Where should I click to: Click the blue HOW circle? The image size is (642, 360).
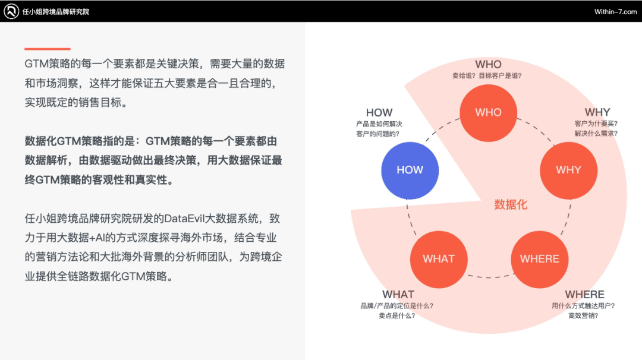(410, 170)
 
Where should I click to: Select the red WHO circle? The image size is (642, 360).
(488, 112)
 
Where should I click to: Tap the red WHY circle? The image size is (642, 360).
(568, 170)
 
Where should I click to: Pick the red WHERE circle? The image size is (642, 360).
(539, 259)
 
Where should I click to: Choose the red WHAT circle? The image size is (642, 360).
(438, 259)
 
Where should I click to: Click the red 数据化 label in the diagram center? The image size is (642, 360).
(511, 205)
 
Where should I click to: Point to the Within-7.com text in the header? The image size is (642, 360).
(615, 12)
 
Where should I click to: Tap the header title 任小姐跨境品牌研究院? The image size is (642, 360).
(56, 12)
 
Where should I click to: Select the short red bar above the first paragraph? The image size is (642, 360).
(47, 49)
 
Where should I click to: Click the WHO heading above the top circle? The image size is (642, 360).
(488, 64)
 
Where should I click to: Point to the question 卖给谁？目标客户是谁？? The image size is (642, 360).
(488, 75)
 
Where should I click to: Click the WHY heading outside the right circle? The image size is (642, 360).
(597, 112)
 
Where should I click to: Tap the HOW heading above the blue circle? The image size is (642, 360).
(379, 112)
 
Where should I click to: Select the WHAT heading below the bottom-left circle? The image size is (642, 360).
(398, 295)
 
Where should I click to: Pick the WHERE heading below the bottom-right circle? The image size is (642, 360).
(584, 295)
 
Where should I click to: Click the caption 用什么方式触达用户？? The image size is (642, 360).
(583, 306)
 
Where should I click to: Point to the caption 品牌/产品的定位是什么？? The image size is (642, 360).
(397, 306)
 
